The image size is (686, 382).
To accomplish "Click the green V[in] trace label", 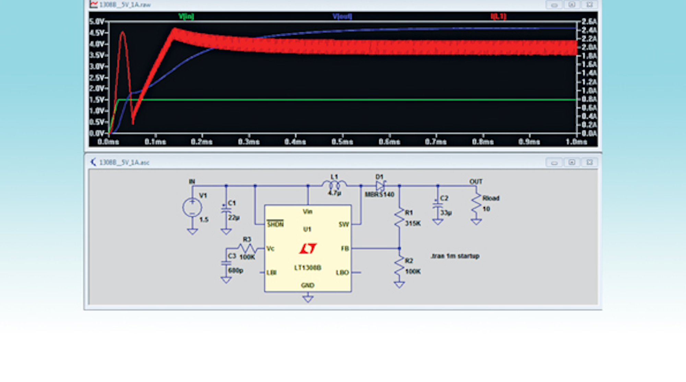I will (x=186, y=16).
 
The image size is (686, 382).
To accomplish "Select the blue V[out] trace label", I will (x=342, y=16).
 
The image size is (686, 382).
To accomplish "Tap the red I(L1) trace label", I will (x=498, y=16).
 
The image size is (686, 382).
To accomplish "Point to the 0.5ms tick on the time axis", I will (x=342, y=142).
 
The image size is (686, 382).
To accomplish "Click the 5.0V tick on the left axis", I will (x=97, y=22).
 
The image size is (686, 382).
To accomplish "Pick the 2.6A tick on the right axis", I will (x=589, y=22).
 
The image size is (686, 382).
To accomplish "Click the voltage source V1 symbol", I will (x=192, y=208).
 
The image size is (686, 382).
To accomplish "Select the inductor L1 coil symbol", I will (x=334, y=186).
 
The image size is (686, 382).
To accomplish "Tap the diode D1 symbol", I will (x=380, y=186).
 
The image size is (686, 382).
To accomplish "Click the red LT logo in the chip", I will (x=308, y=248).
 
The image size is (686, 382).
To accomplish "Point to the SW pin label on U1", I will (x=344, y=224).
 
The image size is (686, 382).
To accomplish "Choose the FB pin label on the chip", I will (x=345, y=248).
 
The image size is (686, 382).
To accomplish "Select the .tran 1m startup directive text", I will (x=455, y=256).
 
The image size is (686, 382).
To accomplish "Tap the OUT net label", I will (x=476, y=181).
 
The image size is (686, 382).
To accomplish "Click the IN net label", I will (x=192, y=181).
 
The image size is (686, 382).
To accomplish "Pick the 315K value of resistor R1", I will (x=413, y=224).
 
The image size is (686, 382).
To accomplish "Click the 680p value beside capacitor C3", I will (x=236, y=271).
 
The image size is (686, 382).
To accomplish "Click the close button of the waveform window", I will (x=589, y=5).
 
